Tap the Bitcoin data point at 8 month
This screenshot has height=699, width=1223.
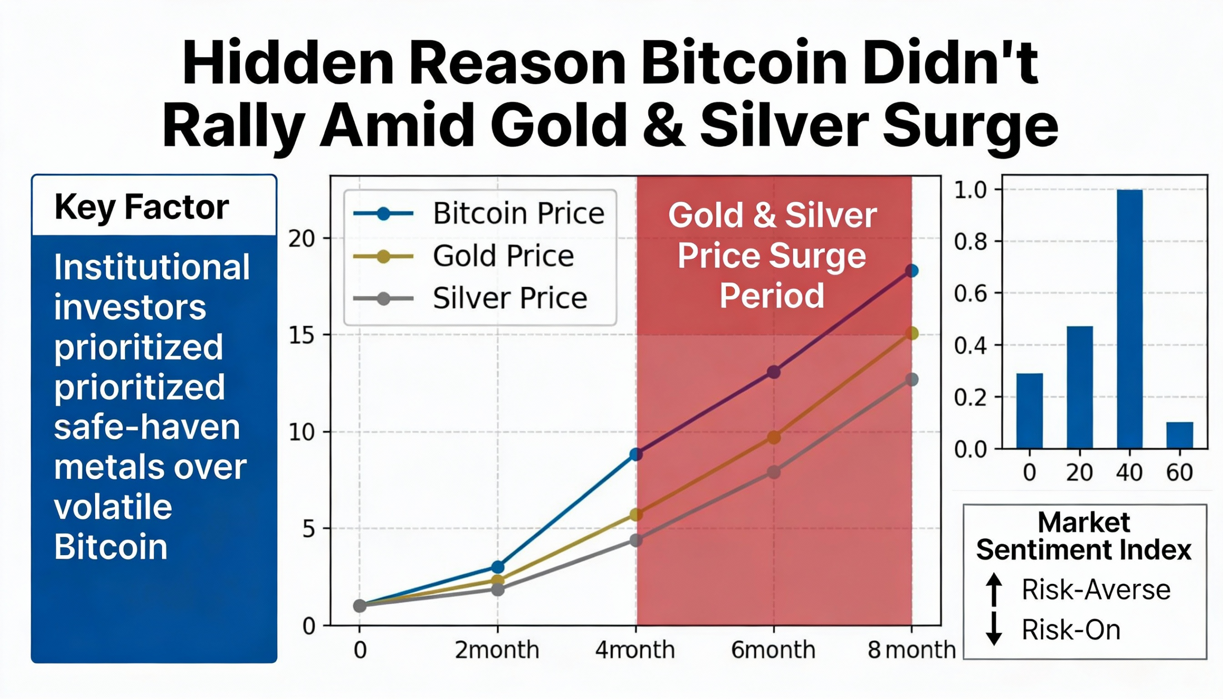click(x=912, y=271)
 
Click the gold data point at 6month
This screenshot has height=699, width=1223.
click(x=774, y=437)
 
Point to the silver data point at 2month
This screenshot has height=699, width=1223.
click(x=498, y=589)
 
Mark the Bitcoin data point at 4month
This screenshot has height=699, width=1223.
click(x=636, y=454)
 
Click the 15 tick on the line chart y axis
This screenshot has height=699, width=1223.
click(x=301, y=335)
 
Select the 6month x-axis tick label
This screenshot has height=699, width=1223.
click(x=773, y=651)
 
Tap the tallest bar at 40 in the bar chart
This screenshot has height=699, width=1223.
click(x=1129, y=319)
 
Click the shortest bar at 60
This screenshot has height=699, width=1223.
click(x=1180, y=435)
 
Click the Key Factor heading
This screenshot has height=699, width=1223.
click(x=141, y=207)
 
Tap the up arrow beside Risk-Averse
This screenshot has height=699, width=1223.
click(x=994, y=590)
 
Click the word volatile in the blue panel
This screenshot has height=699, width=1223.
click(x=113, y=507)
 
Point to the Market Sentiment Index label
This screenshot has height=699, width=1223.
click(x=1084, y=536)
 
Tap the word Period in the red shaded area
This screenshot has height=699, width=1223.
click(x=772, y=296)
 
